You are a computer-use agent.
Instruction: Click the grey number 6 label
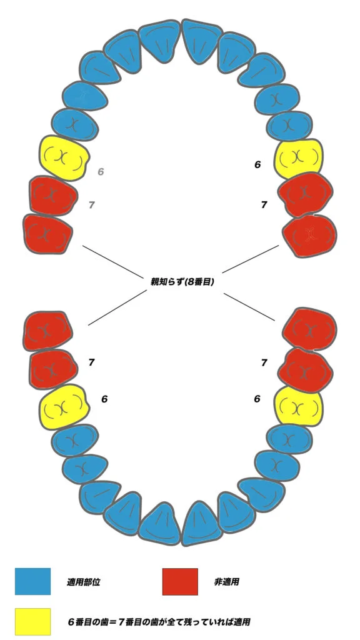tap(101, 171)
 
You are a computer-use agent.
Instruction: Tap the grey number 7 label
tap(92, 205)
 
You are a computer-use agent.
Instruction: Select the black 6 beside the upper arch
tap(257, 165)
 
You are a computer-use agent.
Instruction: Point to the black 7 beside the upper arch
tap(264, 205)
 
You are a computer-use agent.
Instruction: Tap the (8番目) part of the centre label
tap(199, 282)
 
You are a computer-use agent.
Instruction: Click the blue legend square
tap(32, 581)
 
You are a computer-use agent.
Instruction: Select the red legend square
tap(180, 581)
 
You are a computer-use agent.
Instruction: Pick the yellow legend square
tap(32, 622)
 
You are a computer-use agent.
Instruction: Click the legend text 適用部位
tap(83, 582)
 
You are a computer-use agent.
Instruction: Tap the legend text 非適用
tap(226, 582)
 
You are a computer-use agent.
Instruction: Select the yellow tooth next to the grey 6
tap(63, 158)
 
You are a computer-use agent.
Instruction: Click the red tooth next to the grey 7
tap(54, 196)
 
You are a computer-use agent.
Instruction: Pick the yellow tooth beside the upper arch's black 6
tap(298, 158)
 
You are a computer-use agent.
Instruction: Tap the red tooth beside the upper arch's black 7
tap(305, 194)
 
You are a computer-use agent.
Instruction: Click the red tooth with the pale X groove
tap(310, 236)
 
